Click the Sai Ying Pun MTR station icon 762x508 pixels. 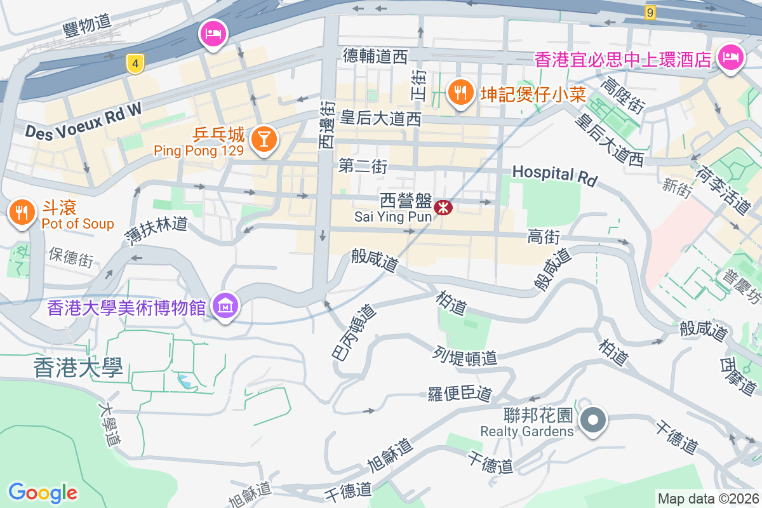point(443,207)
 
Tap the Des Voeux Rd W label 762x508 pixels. point(83,121)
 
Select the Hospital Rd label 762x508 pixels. point(554,175)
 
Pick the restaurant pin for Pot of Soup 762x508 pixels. point(23,213)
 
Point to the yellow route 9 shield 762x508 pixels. point(649,13)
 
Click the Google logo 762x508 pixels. point(43,492)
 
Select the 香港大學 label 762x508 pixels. point(78,368)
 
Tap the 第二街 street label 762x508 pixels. point(363,166)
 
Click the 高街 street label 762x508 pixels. point(544,237)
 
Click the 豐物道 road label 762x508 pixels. point(88,25)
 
